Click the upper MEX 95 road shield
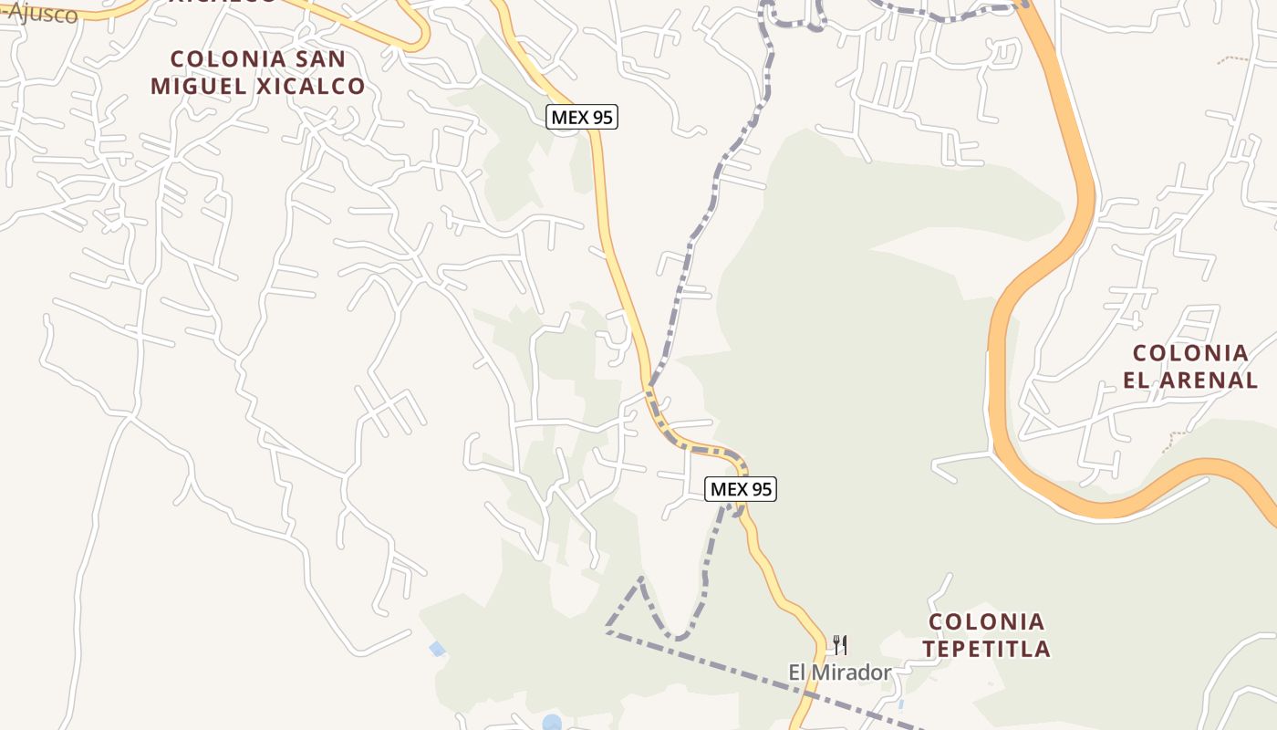(x=582, y=117)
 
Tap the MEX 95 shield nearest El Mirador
(x=741, y=489)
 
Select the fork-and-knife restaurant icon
(x=840, y=645)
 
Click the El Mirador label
(x=839, y=673)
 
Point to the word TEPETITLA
(x=986, y=649)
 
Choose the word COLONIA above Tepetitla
(x=986, y=622)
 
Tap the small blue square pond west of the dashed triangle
(x=438, y=649)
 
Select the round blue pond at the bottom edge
(x=552, y=724)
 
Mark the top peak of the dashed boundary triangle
(x=641, y=579)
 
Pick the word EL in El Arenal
(x=1138, y=381)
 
